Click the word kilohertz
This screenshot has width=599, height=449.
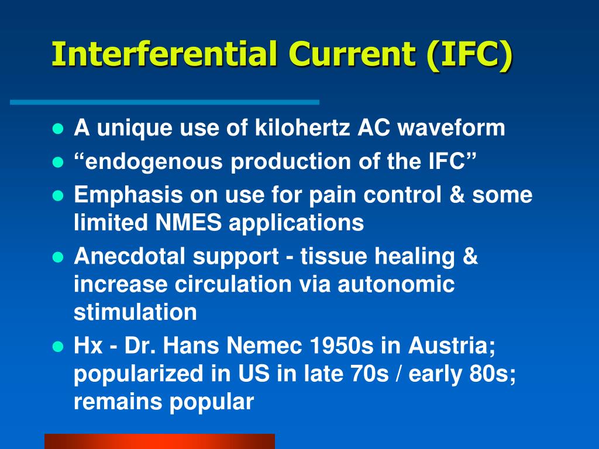303,127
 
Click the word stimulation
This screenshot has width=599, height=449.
135,313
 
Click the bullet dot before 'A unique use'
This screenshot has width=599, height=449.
57,129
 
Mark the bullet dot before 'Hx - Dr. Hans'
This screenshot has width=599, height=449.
57,347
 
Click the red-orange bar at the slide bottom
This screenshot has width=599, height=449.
159,441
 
